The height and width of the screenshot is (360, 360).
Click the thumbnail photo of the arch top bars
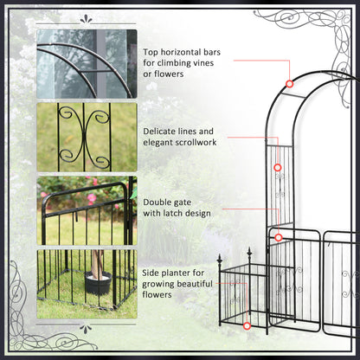(87, 63)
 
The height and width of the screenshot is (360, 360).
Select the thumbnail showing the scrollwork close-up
(87, 137)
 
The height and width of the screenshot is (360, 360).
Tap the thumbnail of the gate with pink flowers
(87, 210)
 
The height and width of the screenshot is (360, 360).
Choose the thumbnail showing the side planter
(87, 284)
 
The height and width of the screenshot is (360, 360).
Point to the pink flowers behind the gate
(90, 198)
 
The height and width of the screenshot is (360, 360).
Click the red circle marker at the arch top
(290, 84)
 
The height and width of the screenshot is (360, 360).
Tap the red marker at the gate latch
(279, 235)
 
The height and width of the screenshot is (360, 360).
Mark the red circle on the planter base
(247, 325)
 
